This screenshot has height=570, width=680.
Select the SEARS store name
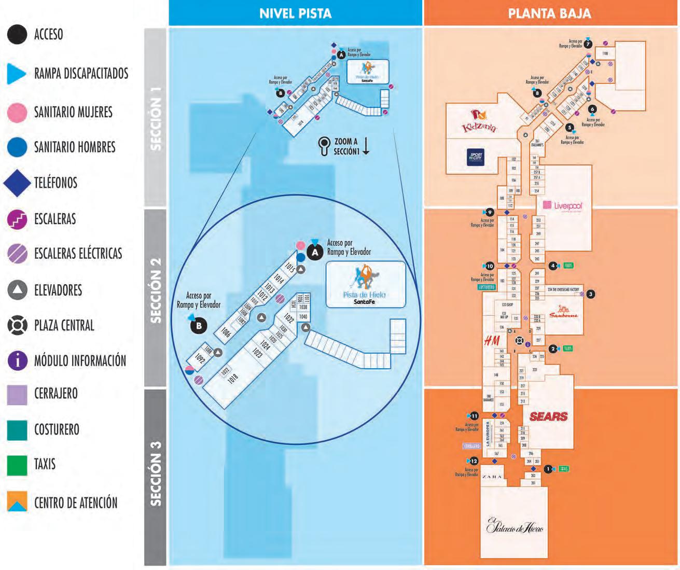point(548,416)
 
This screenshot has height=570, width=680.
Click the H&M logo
point(492,341)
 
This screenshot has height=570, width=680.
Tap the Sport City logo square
point(476,157)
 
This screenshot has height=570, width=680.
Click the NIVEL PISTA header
point(295,13)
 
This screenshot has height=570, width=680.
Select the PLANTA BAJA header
point(549,13)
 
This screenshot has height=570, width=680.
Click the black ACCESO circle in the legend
point(17,35)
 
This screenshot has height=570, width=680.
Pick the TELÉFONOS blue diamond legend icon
point(17,183)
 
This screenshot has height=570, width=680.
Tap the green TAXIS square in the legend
point(17,465)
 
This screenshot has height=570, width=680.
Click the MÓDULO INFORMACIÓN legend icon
point(17,360)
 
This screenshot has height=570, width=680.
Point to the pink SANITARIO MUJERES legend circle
point(17,113)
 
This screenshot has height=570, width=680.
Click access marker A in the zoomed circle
point(314,253)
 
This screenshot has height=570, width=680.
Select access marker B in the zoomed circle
point(198,326)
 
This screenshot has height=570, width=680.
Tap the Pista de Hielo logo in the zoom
point(365,285)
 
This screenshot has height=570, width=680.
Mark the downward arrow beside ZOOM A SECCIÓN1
point(366,146)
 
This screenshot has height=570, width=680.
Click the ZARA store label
point(491,477)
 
